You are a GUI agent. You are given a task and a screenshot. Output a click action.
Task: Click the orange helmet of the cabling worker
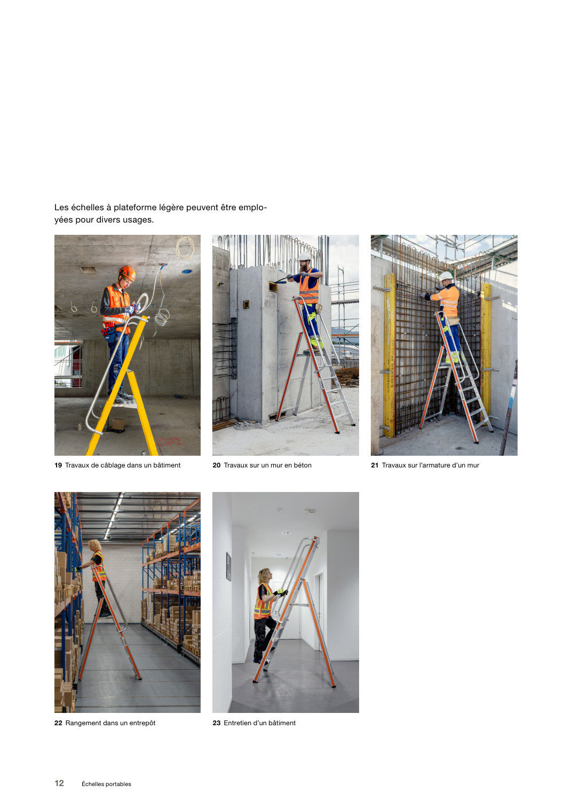pyautogui.click(x=127, y=273)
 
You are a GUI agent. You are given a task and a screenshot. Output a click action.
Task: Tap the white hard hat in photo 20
pyautogui.click(x=305, y=256)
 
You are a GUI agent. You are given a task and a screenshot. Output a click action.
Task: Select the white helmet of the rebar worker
pyautogui.click(x=446, y=276)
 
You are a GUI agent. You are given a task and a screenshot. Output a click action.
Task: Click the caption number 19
pyautogui.click(x=58, y=465)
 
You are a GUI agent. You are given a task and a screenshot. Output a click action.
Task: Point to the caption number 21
pyautogui.click(x=375, y=465)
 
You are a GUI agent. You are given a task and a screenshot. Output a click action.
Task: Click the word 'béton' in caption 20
pyautogui.click(x=303, y=465)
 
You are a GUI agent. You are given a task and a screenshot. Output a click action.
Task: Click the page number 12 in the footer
pyautogui.click(x=59, y=783)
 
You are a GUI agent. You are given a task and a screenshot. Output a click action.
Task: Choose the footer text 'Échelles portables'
pyautogui.click(x=106, y=784)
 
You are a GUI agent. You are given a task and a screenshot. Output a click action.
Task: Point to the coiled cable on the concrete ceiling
pyautogui.click(x=185, y=248)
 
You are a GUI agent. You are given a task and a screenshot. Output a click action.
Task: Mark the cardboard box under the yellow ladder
pyautogui.click(x=117, y=424)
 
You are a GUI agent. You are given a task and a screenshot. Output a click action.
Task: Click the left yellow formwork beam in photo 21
pyautogui.click(x=390, y=354)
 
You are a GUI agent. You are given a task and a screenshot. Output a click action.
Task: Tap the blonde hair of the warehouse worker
pyautogui.click(x=95, y=545)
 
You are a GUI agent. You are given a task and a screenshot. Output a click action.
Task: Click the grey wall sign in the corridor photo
pyautogui.click(x=228, y=566)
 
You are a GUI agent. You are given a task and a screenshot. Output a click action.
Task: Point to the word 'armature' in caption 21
pyautogui.click(x=436, y=465)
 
